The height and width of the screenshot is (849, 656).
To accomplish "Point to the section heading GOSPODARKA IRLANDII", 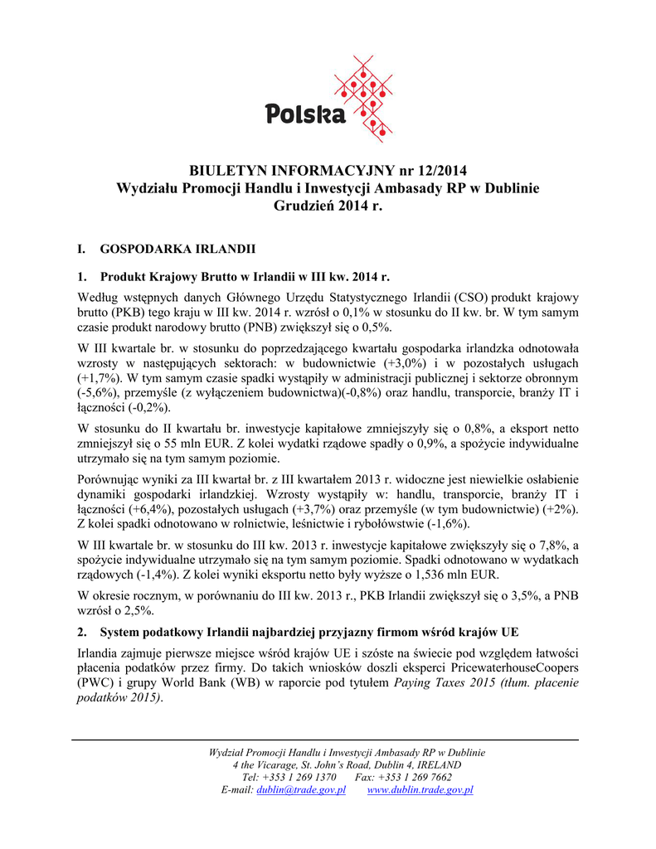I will (x=177, y=248).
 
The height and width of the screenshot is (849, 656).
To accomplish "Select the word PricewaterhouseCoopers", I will (x=515, y=667).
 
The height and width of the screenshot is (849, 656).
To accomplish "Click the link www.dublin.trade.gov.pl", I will (x=420, y=790).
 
